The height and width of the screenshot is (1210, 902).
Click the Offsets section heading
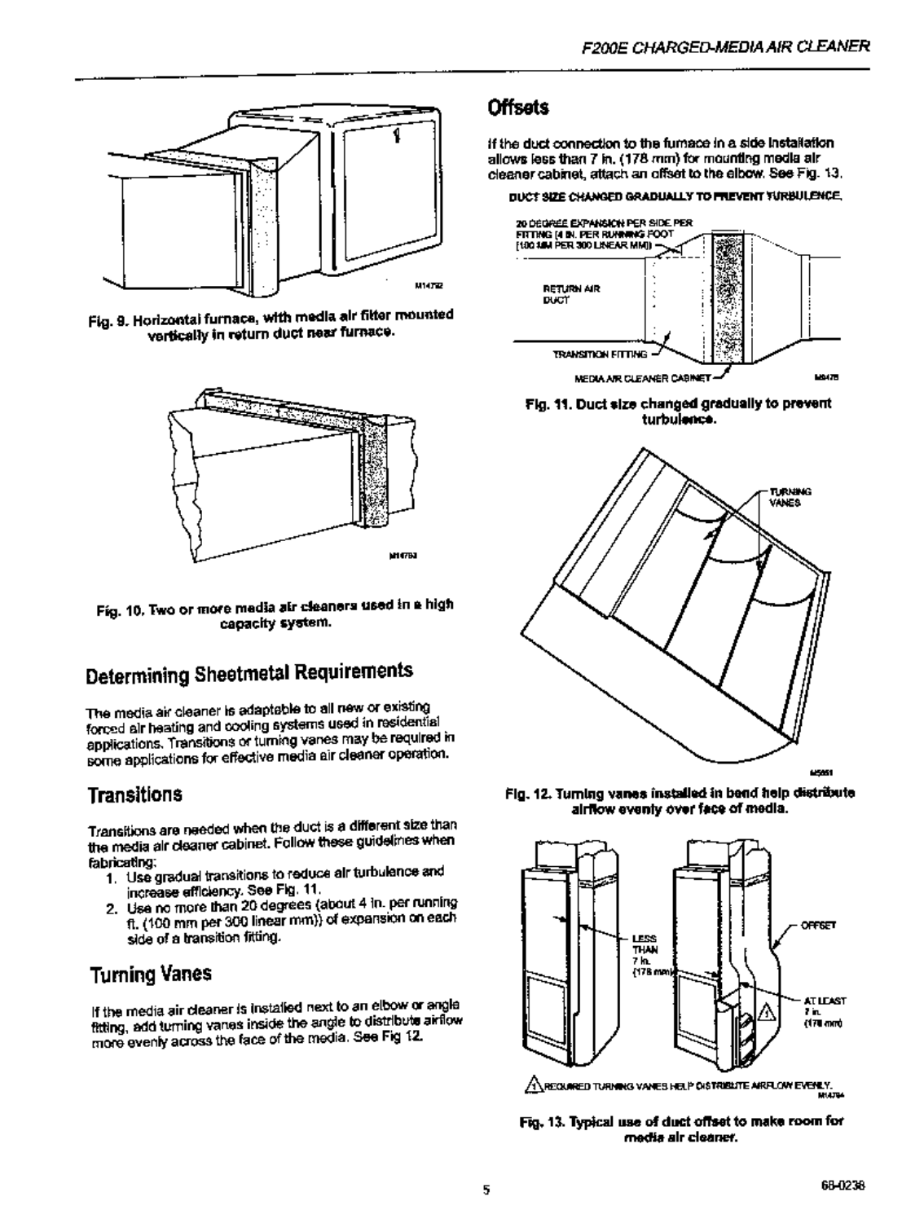coord(517,108)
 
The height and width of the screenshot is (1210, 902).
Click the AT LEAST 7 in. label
coord(827,1010)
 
